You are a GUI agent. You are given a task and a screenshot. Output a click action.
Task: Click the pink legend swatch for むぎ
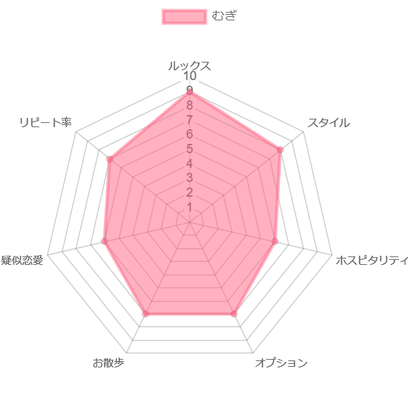click(184, 17)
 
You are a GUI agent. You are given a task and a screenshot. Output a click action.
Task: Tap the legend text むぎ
click(224, 15)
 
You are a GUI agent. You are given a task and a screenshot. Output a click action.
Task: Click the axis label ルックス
click(189, 65)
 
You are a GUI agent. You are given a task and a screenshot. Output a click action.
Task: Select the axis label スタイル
click(328, 123)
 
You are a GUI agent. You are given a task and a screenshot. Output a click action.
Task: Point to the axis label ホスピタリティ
click(372, 260)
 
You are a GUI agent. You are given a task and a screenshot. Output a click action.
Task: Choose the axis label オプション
click(281, 363)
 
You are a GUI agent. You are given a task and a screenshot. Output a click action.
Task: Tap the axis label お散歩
click(108, 363)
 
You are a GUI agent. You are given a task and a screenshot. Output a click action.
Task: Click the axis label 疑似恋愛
click(22, 260)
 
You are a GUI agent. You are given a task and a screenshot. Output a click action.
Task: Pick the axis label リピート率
click(46, 123)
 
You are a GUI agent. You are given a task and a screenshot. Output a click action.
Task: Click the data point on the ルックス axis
click(190, 92)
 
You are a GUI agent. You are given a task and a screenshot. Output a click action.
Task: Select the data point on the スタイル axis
click(280, 150)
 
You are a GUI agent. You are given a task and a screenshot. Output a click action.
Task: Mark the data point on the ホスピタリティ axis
click(275, 242)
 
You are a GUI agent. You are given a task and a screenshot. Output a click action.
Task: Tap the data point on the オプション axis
click(234, 314)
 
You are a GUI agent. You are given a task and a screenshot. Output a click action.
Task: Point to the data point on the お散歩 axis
click(145, 314)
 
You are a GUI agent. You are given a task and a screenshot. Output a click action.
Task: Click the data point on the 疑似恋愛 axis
click(104, 242)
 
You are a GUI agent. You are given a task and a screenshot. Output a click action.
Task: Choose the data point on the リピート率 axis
click(110, 159)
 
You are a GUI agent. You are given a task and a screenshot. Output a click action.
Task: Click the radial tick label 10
click(190, 76)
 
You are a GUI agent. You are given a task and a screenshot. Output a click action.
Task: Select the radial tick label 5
click(190, 149)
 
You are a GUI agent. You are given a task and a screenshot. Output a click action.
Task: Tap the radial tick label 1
click(190, 207)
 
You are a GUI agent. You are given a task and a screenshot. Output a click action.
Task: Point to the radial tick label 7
click(190, 120)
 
